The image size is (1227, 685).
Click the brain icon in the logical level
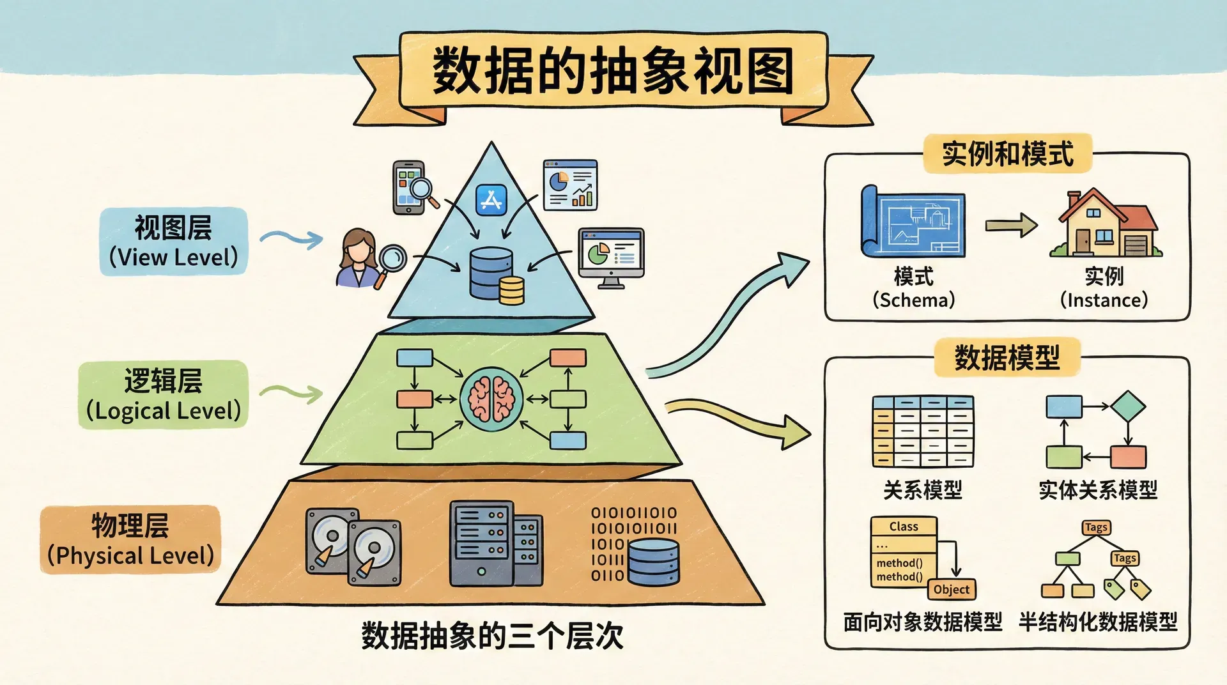pyautogui.click(x=491, y=399)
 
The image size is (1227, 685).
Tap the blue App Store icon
pyautogui.click(x=491, y=200)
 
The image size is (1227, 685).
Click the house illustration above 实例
pyautogui.click(x=1106, y=224)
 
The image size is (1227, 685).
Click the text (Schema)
pyautogui.click(x=914, y=300)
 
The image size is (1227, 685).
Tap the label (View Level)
pyautogui.click(x=173, y=258)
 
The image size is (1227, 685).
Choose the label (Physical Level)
pyautogui.click(x=131, y=555)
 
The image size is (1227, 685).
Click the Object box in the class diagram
pyautogui.click(x=952, y=589)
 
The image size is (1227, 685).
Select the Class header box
pyautogui.click(x=904, y=527)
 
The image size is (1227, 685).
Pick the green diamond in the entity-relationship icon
pyautogui.click(x=1128, y=406)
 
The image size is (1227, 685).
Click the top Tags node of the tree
pyautogui.click(x=1096, y=527)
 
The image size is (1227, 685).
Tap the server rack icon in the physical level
pyautogui.click(x=495, y=543)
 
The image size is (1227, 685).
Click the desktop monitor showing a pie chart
pyautogui.click(x=611, y=256)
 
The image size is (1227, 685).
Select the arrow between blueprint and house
pyautogui.click(x=1010, y=225)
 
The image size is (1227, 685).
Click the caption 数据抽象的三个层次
pyautogui.click(x=492, y=635)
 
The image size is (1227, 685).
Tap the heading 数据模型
pyautogui.click(x=1007, y=357)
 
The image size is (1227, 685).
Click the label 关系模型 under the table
pyautogui.click(x=922, y=490)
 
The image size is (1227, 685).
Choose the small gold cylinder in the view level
pyautogui.click(x=511, y=291)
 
